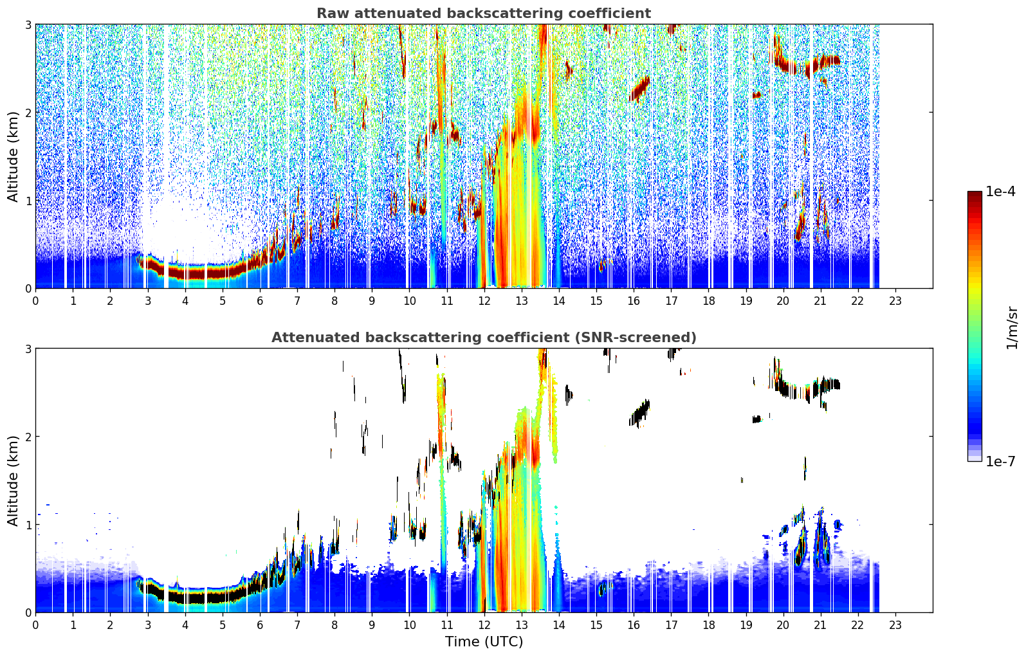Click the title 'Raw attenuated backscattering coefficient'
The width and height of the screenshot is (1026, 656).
click(x=484, y=14)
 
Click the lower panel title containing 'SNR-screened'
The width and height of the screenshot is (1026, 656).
click(x=484, y=337)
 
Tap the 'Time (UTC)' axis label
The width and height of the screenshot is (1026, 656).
click(x=484, y=641)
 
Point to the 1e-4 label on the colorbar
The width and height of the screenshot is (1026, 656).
click(x=1000, y=192)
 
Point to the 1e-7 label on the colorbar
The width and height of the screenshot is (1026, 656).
click(x=1000, y=461)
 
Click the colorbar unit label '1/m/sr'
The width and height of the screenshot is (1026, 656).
click(x=1012, y=328)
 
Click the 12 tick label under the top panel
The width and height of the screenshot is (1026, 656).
click(x=484, y=301)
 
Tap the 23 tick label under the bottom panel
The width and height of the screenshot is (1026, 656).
click(x=895, y=625)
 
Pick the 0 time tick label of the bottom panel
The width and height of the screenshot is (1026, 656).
click(x=36, y=625)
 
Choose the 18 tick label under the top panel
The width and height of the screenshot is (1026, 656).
click(x=708, y=301)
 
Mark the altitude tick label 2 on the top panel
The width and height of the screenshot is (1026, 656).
click(x=28, y=113)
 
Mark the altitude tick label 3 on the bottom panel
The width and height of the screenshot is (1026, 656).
click(x=28, y=349)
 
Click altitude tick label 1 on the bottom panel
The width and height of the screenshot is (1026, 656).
click(x=28, y=525)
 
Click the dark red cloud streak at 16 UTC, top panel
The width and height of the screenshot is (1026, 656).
click(x=639, y=89)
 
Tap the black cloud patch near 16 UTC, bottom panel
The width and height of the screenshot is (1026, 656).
click(x=639, y=413)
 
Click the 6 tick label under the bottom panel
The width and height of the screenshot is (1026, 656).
click(x=260, y=625)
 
